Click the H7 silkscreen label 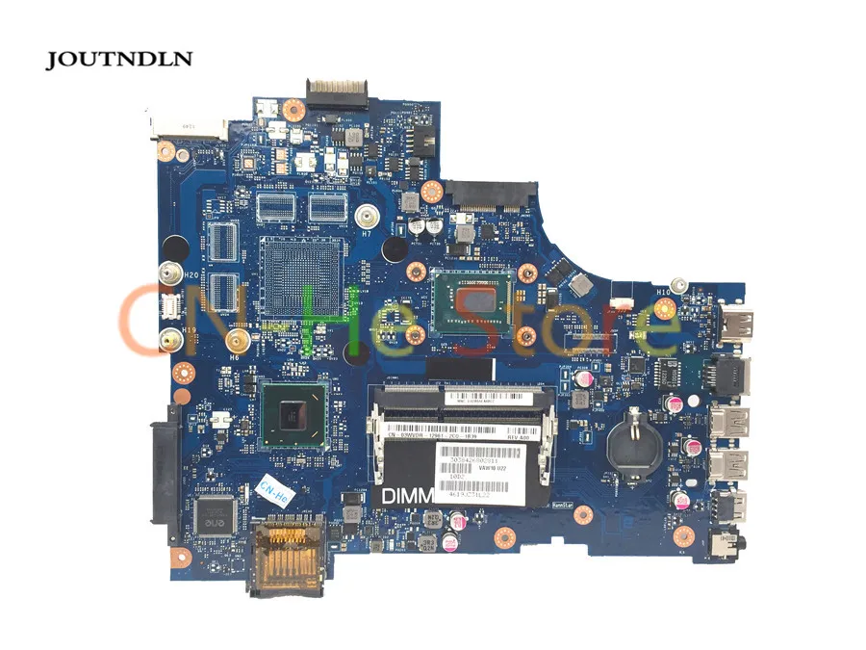pyautogui.click(x=366, y=232)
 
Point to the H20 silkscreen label pyautogui.click(x=191, y=274)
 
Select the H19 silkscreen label pyautogui.click(x=191, y=329)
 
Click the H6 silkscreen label pyautogui.click(x=233, y=356)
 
